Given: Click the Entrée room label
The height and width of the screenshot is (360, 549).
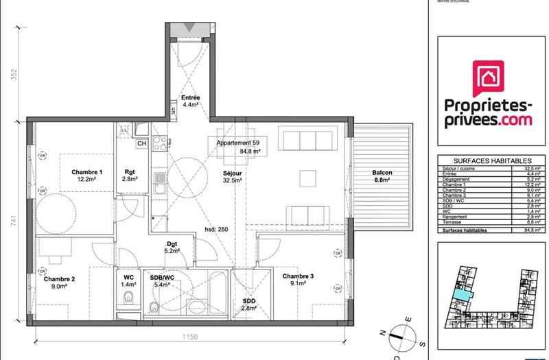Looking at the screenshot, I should pos(190,98).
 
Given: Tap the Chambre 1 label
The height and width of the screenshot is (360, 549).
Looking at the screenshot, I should pos(87,172).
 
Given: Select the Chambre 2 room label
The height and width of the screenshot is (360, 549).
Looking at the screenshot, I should pos(59,280).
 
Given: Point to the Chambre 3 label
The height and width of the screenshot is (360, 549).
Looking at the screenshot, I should pos(298,276).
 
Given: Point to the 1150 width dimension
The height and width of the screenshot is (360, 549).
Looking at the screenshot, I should pos(189,337).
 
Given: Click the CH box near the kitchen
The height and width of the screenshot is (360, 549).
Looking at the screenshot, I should pos(141,143).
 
